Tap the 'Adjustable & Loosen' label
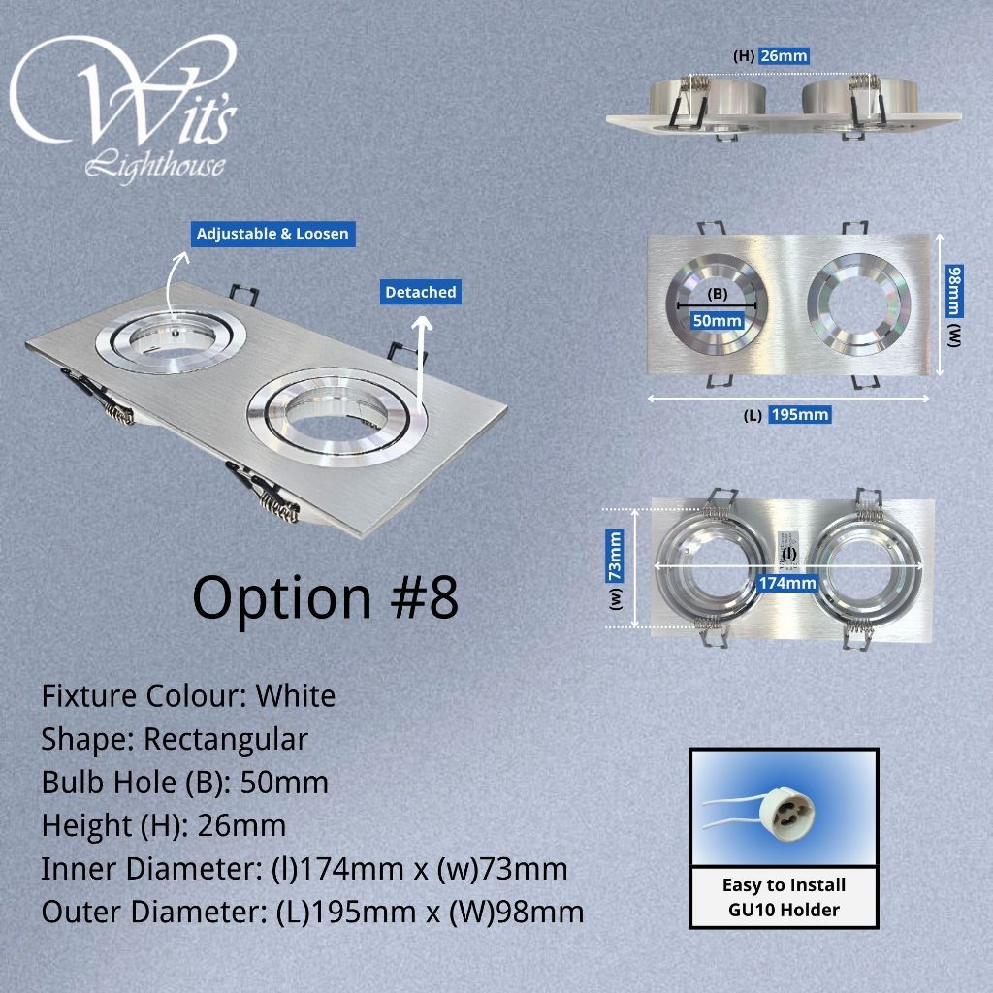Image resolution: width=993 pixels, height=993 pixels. tap(272, 234)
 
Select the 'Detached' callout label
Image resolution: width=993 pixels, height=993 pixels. tap(421, 292)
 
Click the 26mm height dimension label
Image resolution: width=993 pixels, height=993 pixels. tap(784, 55)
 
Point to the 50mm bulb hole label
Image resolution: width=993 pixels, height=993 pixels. tap(717, 320)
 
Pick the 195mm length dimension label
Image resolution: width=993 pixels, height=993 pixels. tap(800, 415)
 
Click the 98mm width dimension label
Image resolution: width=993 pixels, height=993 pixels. tap(954, 291)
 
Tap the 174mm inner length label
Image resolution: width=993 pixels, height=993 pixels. tap(787, 583)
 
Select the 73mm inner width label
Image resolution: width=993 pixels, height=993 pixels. tap(615, 556)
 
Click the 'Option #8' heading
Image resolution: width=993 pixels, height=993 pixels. tap(326, 597)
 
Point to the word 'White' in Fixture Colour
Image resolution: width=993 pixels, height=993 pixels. tap(296, 696)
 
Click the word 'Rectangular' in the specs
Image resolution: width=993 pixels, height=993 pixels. tap(226, 739)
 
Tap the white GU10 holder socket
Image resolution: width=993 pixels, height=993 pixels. tap(784, 808)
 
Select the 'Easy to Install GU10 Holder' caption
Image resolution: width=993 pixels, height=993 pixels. tap(784, 897)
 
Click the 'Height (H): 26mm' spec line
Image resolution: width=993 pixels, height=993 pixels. tap(163, 826)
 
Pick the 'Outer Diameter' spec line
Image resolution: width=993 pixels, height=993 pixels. tap(313, 912)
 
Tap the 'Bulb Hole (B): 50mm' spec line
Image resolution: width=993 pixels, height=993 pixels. tap(185, 783)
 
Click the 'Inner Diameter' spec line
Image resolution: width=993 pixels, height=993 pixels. tap(304, 869)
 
